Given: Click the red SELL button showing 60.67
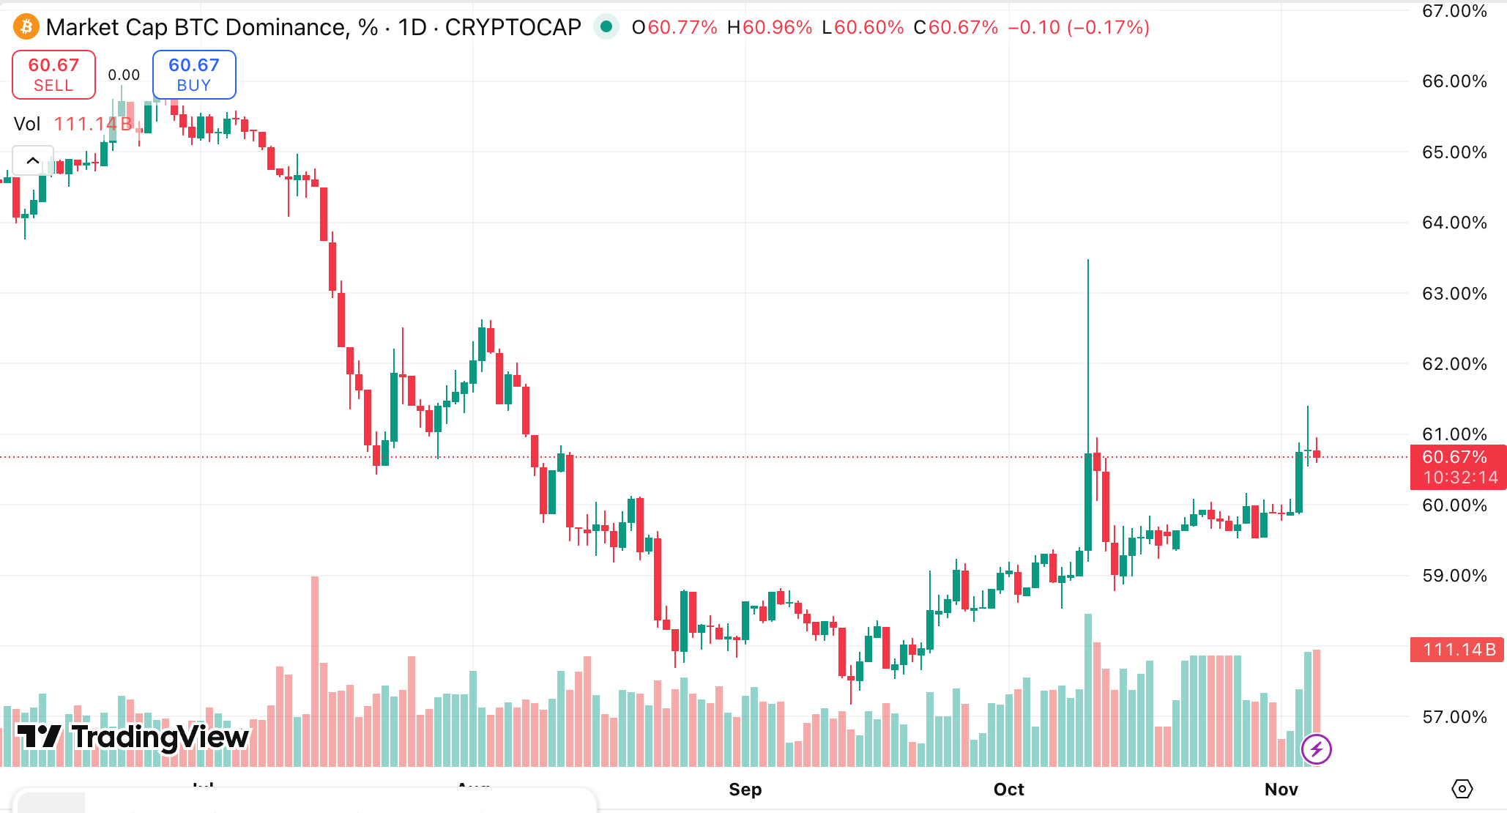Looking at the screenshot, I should coord(53,74).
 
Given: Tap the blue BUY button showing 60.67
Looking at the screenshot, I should coord(194,74).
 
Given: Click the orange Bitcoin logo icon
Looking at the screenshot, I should coord(26,27).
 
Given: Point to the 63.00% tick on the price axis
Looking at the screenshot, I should coord(1454,294).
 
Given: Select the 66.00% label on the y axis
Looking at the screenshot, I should coord(1454,81).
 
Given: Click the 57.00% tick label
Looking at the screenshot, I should coord(1454,717).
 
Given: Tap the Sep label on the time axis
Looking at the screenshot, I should coord(745,789).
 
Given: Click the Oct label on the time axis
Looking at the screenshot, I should coord(1008,789).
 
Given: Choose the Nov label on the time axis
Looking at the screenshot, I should coord(1281,789).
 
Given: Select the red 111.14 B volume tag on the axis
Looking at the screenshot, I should coord(1457,650).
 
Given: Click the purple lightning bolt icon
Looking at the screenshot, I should coord(1316,749).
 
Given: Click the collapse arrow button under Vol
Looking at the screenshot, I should coord(33,160).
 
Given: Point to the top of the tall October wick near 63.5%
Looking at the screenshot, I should coord(1088,261).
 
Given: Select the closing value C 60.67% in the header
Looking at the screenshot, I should coord(956,27).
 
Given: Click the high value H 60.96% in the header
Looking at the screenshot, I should coord(769,27).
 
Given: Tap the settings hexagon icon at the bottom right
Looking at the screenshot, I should coord(1462,789).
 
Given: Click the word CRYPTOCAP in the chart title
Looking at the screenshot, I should coord(513,27).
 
